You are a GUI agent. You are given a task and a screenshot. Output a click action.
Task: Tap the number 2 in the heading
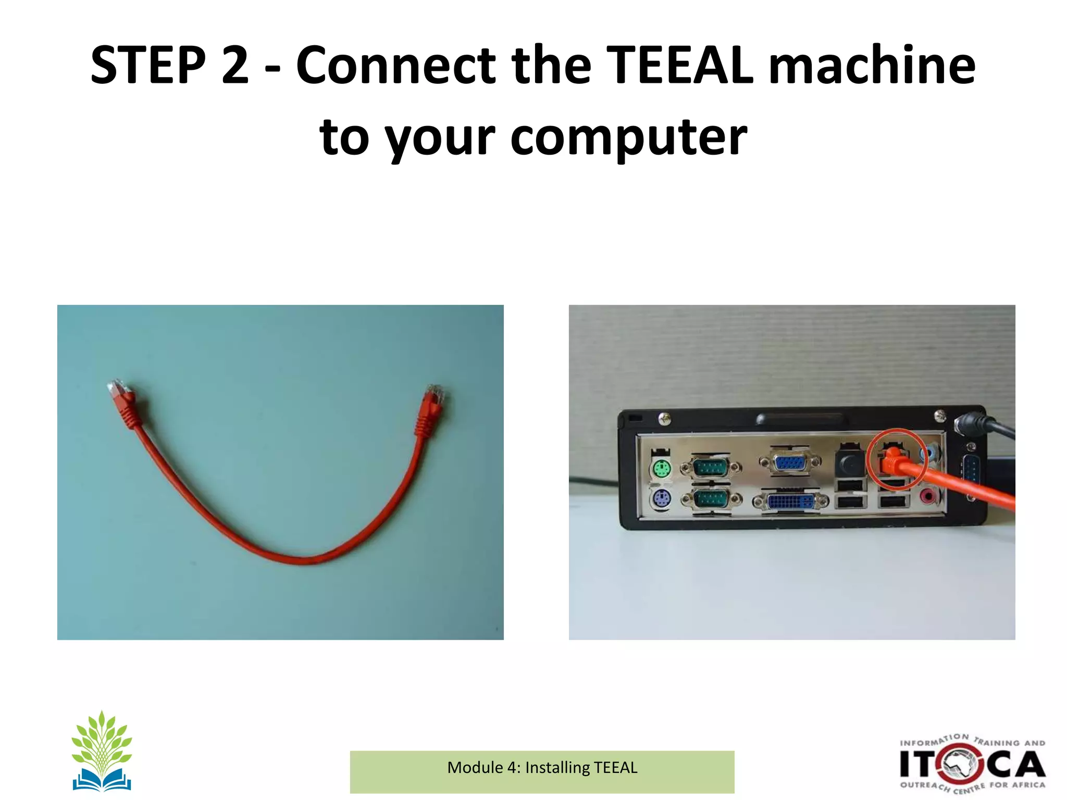click(235, 65)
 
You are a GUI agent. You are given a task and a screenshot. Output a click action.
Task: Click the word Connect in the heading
click(396, 65)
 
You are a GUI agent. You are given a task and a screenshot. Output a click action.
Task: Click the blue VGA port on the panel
click(790, 462)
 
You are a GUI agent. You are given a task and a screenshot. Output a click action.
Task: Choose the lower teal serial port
click(711, 500)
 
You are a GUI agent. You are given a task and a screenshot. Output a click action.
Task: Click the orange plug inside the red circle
click(892, 458)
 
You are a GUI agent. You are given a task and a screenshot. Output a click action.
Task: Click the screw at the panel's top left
click(664, 418)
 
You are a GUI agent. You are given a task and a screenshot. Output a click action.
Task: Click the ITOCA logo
click(972, 764)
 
